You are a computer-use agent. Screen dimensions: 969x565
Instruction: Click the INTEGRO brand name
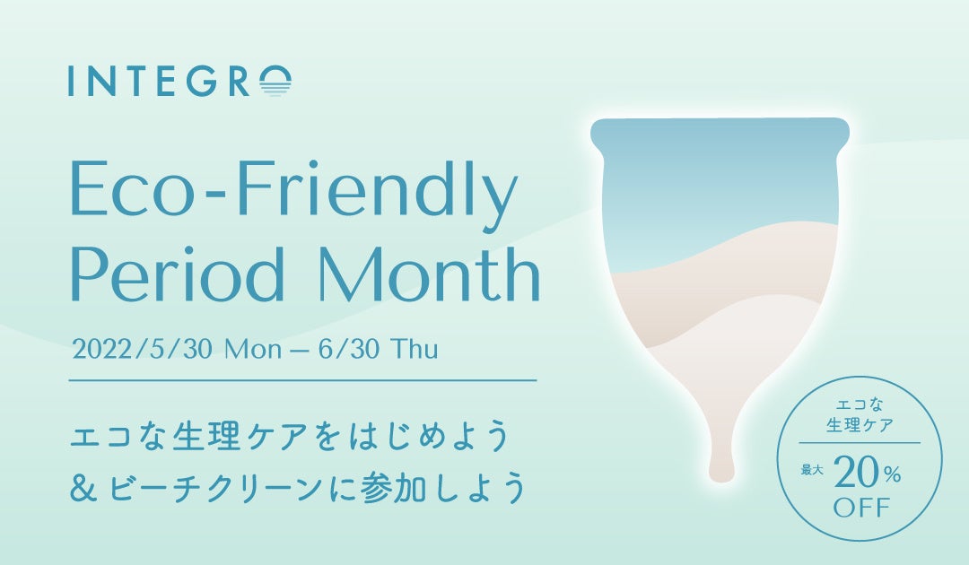tap(179, 81)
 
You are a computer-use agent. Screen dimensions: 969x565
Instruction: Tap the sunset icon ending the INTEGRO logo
tap(275, 82)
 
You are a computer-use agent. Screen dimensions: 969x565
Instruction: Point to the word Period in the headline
tap(176, 273)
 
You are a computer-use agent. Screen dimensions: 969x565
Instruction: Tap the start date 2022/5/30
tap(143, 350)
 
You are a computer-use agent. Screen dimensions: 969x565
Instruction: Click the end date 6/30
tap(348, 350)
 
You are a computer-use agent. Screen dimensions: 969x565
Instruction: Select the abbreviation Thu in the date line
tap(415, 349)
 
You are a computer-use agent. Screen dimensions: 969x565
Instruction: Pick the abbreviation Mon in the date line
tap(253, 350)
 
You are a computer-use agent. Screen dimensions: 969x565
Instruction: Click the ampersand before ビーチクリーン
tap(84, 487)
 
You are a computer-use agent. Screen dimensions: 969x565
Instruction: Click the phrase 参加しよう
tap(444, 487)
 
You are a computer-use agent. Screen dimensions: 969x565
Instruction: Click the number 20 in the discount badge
tap(856, 474)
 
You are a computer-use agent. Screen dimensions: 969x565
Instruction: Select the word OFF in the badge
tap(863, 508)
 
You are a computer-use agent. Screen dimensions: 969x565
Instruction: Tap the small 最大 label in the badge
tap(812, 471)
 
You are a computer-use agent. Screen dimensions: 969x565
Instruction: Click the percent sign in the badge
tap(892, 474)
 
